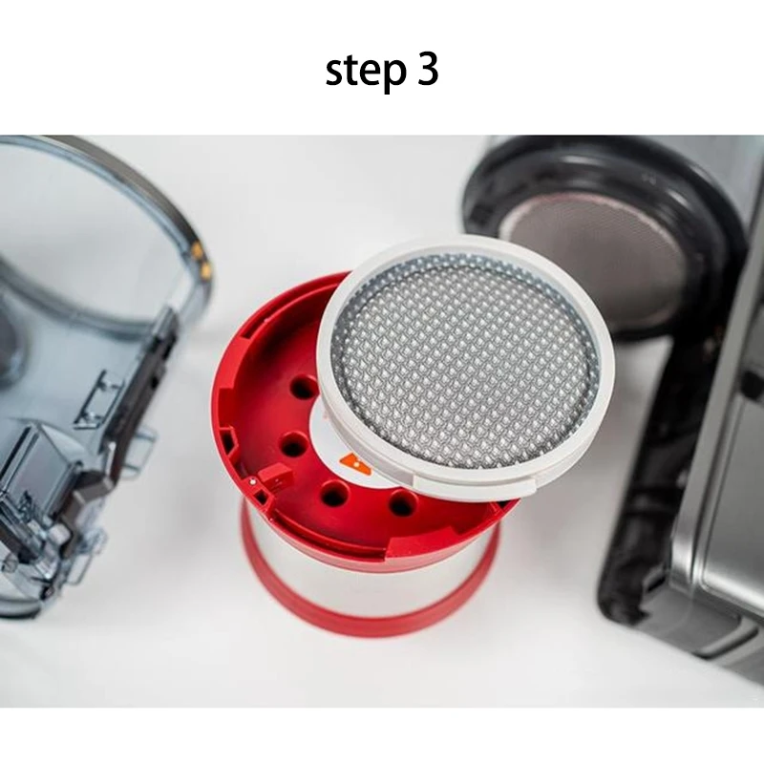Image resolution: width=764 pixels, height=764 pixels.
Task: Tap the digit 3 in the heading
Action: pos(427,71)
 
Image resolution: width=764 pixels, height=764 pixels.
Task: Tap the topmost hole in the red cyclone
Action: pos(304,387)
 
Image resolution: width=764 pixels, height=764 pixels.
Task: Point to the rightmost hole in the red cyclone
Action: pos(402,503)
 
